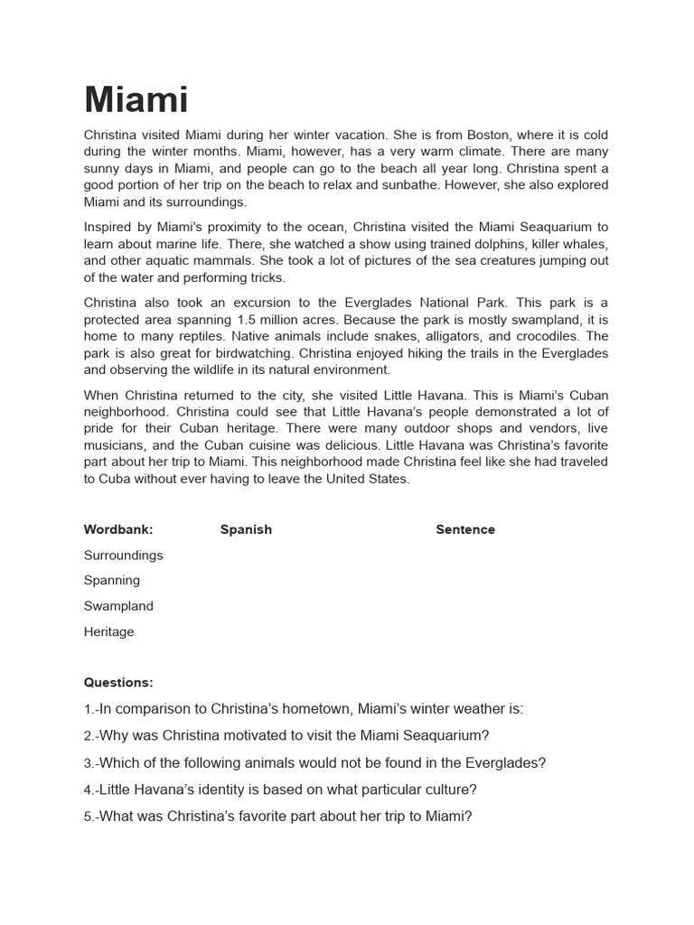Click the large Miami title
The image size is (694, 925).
coord(136,100)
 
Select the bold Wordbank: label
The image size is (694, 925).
coord(118,529)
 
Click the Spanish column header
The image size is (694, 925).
coord(246,529)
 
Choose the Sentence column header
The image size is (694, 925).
coord(465,529)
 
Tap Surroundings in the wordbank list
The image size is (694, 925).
coord(124,555)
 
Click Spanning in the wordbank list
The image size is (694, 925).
coord(112,580)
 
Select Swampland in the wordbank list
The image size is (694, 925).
coord(118,605)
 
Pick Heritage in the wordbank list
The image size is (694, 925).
coord(108,631)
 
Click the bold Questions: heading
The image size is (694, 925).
coord(118,682)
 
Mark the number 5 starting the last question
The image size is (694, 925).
coord(88,817)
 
